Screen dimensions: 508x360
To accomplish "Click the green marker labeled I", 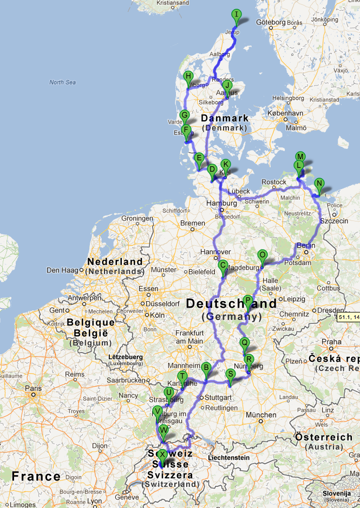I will coord(236,15).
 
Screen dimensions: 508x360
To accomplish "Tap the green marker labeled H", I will coord(188,77).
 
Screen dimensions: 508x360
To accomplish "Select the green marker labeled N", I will coord(319,184).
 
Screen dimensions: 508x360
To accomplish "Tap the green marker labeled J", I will coord(227,86).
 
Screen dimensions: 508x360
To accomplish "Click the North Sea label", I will coord(62,82).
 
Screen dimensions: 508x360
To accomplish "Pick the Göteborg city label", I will coord(272,22).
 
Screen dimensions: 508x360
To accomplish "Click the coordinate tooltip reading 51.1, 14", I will coord(348,317).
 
